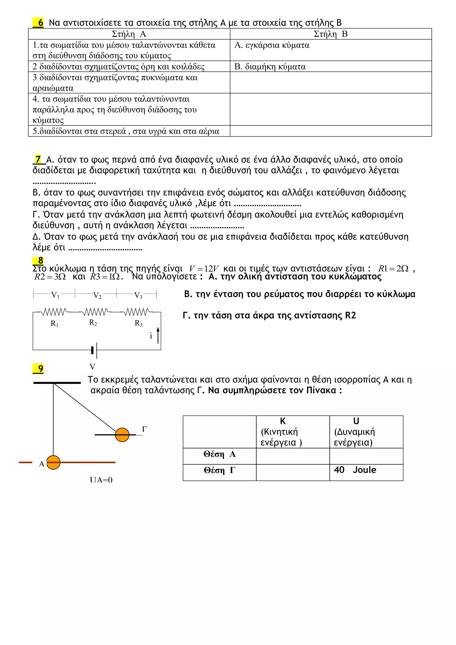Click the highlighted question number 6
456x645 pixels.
pyautogui.click(x=39, y=22)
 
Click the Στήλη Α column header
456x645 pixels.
pyautogui.click(x=129, y=34)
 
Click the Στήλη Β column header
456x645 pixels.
pyautogui.click(x=330, y=34)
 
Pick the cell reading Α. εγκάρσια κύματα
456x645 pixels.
pyautogui.click(x=272, y=45)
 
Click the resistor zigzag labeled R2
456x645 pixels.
pyautogui.click(x=95, y=312)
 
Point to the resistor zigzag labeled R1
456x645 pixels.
pyautogui.click(x=54, y=312)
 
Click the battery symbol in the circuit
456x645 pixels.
pyautogui.click(x=94, y=350)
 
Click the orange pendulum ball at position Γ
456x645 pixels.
pyautogui.click(x=122, y=435)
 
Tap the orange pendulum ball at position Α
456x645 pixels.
pyautogui.click(x=53, y=462)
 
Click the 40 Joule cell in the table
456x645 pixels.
pyautogui.click(x=355, y=470)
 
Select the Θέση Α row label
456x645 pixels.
pyautogui.click(x=220, y=454)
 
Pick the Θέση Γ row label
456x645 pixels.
pyautogui.click(x=220, y=470)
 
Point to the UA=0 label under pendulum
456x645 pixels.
pyautogui.click(x=101, y=480)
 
